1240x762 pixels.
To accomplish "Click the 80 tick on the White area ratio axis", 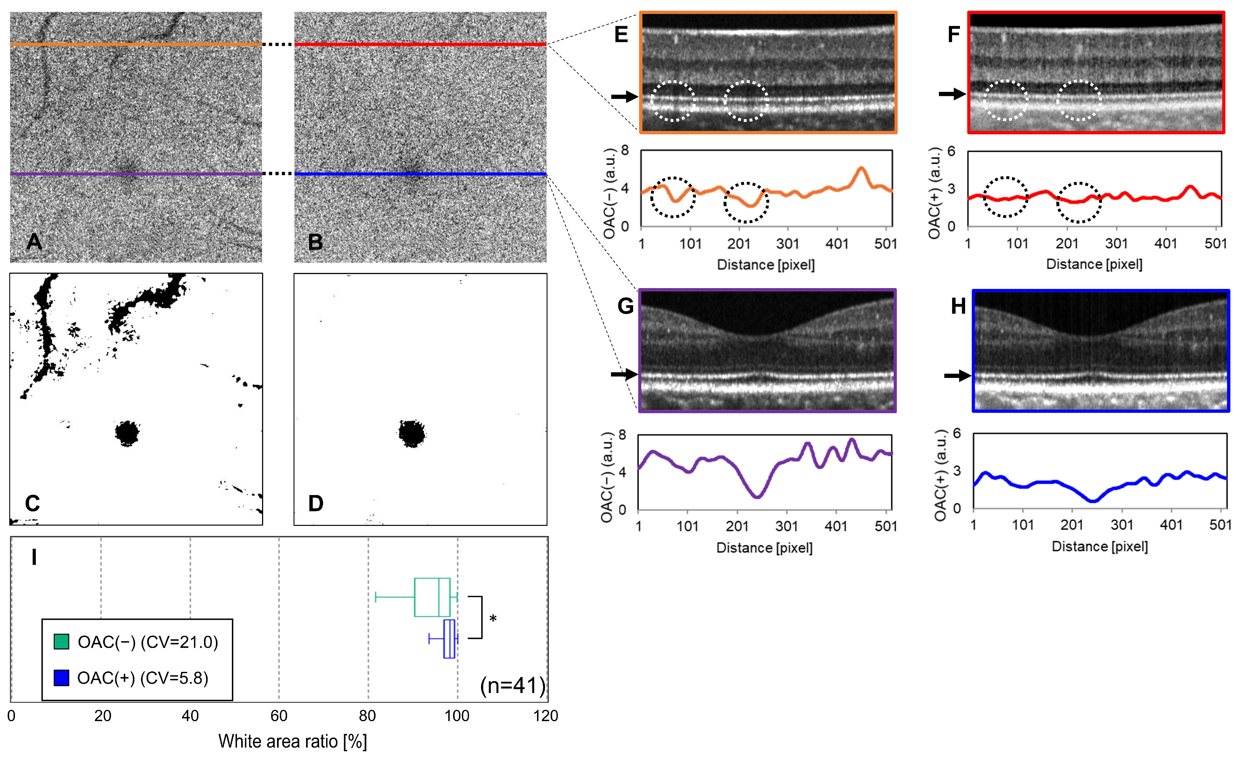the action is (368, 716).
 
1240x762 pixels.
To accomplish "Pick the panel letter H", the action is (958, 306).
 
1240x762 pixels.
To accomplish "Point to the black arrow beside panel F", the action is (952, 94).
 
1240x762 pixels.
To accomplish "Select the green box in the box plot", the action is (432, 597).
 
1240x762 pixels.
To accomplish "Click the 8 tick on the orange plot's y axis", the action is (625, 150).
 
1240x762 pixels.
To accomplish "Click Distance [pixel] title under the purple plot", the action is (764, 548).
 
